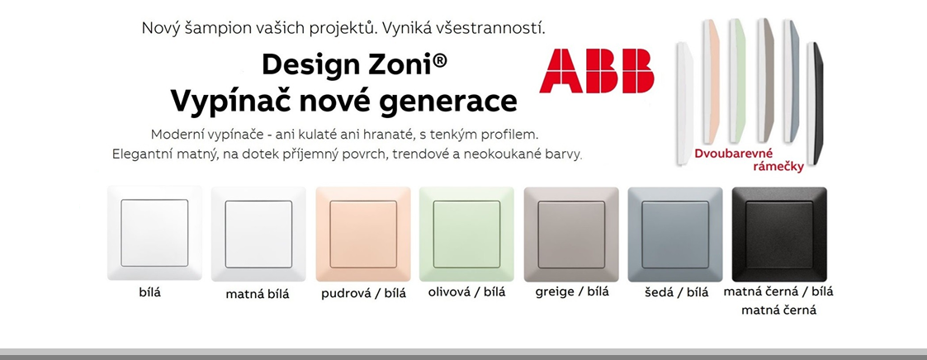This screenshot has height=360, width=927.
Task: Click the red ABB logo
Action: point(596,71)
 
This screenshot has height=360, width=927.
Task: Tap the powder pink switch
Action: point(363,234)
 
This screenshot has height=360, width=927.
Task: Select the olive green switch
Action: point(466,234)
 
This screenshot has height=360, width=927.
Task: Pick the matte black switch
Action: point(779,234)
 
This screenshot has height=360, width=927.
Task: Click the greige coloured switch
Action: point(571,234)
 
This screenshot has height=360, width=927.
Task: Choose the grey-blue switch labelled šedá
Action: point(675,234)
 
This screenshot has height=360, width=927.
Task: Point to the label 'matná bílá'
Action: point(258,294)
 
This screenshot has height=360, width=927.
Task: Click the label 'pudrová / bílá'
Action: point(363,294)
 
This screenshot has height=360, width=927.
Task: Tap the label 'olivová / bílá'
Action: point(466,291)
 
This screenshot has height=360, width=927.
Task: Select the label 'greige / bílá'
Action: point(571,291)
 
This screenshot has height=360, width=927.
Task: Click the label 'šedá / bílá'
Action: point(676,292)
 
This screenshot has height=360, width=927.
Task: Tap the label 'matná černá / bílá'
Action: point(778,291)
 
